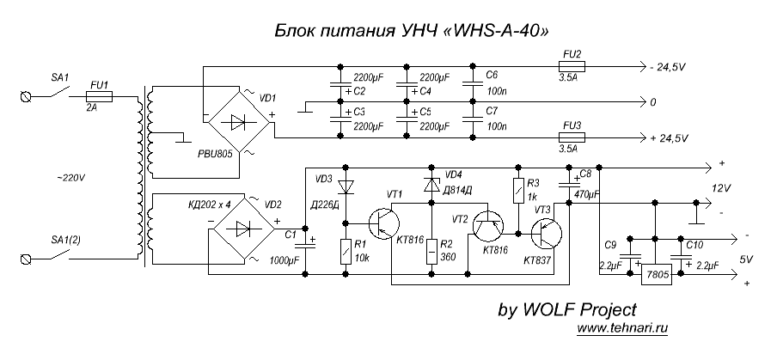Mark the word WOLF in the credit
click(x=547, y=308)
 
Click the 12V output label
click(x=721, y=187)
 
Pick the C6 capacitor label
click(x=492, y=75)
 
